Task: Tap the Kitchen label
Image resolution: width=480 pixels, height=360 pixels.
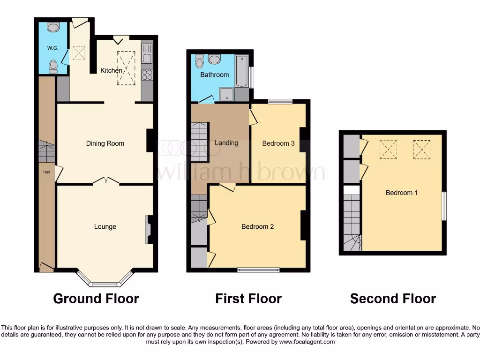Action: [112, 70]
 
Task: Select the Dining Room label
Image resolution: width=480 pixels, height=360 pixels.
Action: [105, 143]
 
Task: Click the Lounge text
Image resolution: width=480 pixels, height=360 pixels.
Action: [105, 226]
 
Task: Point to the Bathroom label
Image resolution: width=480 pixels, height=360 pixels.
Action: [215, 75]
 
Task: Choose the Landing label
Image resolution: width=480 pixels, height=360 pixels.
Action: [226, 142]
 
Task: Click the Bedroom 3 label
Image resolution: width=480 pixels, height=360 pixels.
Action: [278, 143]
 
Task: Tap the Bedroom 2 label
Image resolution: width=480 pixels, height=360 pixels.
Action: [257, 226]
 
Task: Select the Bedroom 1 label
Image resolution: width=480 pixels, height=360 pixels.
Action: [402, 192]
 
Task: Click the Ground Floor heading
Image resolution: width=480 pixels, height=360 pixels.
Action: [96, 299]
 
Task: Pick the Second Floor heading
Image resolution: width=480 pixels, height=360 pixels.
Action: [393, 299]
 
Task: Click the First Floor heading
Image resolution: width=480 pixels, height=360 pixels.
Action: [248, 299]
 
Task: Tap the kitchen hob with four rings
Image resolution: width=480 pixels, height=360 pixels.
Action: [147, 75]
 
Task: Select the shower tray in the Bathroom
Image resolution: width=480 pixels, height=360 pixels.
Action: [227, 94]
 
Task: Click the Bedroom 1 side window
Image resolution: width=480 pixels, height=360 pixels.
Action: [444, 205]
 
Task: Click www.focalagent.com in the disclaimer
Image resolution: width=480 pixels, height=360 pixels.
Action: [307, 342]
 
